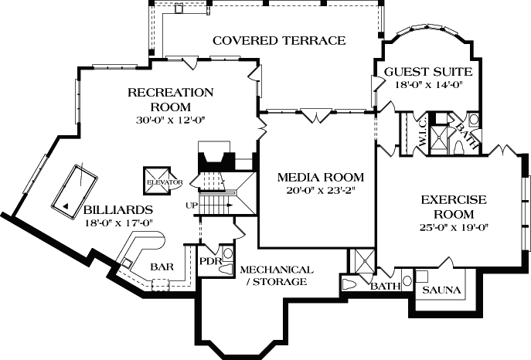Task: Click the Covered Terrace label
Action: pos(279,40)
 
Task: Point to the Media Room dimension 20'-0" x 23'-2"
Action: pos(320,191)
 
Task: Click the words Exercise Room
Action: pos(454,206)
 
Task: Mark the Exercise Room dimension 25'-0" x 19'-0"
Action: pos(454,226)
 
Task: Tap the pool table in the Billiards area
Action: pos(74,188)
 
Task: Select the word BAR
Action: pos(162,267)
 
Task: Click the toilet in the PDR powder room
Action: pos(227,253)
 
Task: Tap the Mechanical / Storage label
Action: pos(277,276)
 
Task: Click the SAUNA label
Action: pos(442,290)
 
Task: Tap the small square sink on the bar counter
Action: pos(125,263)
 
